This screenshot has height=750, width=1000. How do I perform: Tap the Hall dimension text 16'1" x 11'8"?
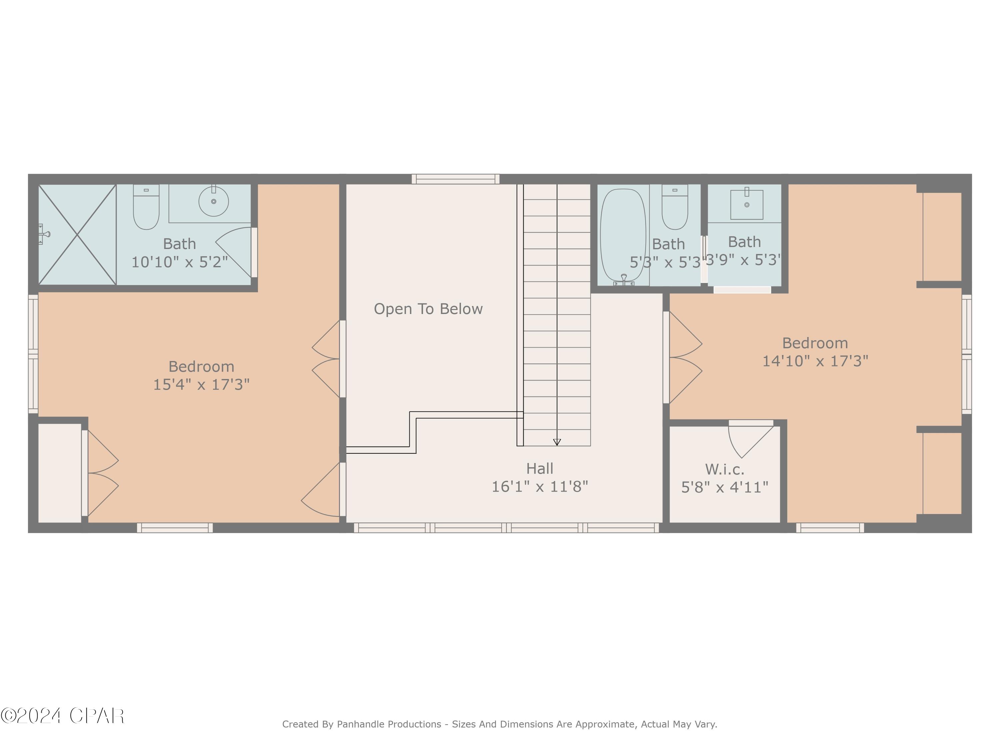click(539, 486)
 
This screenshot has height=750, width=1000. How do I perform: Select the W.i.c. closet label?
click(724, 469)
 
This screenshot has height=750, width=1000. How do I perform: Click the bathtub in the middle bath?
click(623, 235)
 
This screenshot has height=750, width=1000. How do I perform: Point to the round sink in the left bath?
click(213, 201)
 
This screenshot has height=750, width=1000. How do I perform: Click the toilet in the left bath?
click(146, 207)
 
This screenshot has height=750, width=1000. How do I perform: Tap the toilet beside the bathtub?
click(675, 207)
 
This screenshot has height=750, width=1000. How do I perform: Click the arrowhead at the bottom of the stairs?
click(557, 442)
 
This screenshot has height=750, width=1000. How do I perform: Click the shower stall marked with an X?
click(77, 235)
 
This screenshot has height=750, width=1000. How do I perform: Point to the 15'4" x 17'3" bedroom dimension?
click(201, 384)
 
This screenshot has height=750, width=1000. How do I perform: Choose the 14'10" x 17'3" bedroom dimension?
click(815, 361)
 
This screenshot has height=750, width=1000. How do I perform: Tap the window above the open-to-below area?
click(455, 179)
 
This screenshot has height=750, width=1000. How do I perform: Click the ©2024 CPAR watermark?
click(62, 716)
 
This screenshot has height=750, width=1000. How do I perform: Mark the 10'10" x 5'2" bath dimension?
click(179, 262)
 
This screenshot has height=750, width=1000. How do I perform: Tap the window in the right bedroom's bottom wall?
click(830, 528)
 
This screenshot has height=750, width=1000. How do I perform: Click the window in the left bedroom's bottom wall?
click(175, 528)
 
